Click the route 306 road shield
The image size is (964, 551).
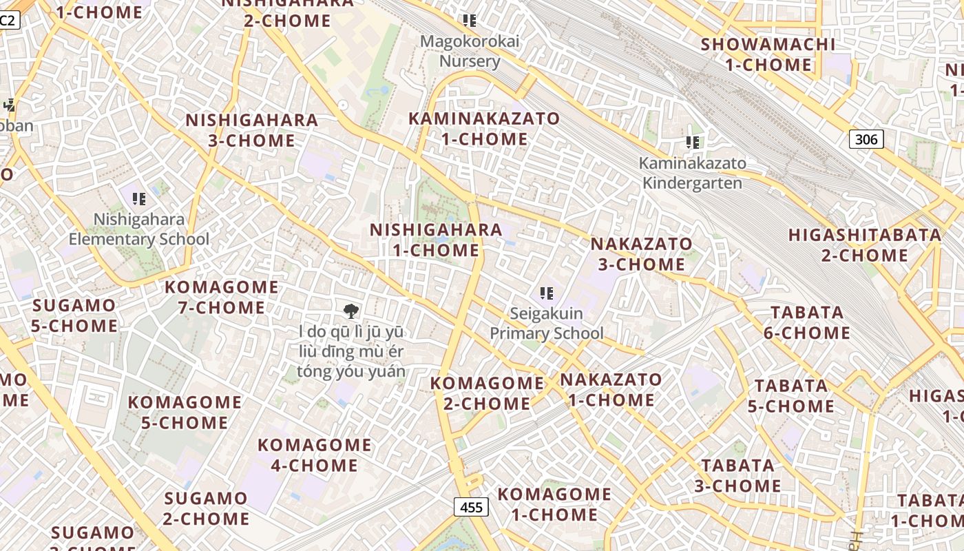click(x=866, y=139)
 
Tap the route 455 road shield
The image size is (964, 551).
click(x=471, y=507)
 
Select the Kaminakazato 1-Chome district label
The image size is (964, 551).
click(x=484, y=129)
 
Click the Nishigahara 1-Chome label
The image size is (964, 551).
click(x=437, y=240)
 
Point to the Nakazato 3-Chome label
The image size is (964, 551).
click(x=641, y=253)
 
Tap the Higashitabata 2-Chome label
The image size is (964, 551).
click(x=865, y=245)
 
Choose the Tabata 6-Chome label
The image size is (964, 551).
click(x=807, y=322)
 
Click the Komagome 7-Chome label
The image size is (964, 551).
click(x=222, y=297)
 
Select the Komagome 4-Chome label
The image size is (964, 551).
click(x=314, y=455)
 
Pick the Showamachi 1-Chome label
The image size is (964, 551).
click(x=768, y=54)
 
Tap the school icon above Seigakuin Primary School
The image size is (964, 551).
click(x=547, y=293)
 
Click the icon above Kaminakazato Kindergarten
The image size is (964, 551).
click(x=693, y=143)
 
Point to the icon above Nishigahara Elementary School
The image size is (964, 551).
click(x=139, y=199)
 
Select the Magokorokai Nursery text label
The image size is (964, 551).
click(x=470, y=51)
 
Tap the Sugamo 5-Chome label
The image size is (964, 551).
click(x=74, y=315)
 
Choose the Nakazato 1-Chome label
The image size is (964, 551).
click(x=611, y=389)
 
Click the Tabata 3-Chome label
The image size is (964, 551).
click(x=737, y=475)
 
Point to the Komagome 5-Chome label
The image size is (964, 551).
click(x=185, y=412)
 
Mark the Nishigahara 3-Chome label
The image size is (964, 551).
click(x=252, y=130)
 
